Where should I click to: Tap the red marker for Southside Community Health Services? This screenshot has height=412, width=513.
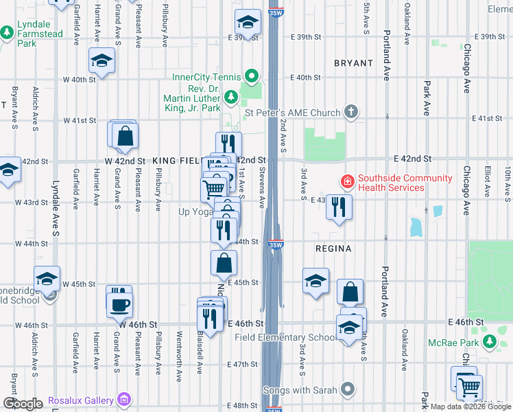pos(348,181)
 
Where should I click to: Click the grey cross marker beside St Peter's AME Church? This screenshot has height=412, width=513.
pos(351,112)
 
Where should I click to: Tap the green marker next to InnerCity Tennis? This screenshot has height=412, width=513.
pos(252,76)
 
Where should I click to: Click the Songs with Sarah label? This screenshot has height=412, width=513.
pos(301,390)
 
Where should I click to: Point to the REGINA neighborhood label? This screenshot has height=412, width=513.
pos(333,248)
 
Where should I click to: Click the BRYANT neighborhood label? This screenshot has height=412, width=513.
pos(353,63)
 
